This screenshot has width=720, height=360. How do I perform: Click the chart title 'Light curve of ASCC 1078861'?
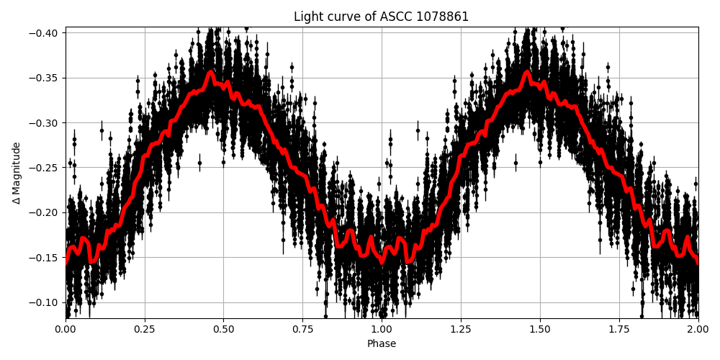[381, 17]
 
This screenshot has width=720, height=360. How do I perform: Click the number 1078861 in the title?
[439, 17]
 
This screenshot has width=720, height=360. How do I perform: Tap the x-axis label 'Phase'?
[382, 344]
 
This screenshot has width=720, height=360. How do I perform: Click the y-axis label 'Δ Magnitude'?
[17, 173]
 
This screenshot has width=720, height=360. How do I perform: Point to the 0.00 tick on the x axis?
[66, 330]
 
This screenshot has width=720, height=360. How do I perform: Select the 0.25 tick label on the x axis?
[145, 330]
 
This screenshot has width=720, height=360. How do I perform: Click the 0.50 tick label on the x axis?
[223, 330]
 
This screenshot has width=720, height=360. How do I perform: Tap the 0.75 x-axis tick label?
[302, 330]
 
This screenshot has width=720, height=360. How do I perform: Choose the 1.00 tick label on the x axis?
[382, 330]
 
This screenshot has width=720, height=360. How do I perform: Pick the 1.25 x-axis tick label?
[461, 330]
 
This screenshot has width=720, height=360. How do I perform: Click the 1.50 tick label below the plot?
[540, 330]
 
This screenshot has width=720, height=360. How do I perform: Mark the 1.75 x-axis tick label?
[619, 330]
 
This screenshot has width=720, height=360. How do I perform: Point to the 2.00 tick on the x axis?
[698, 330]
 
